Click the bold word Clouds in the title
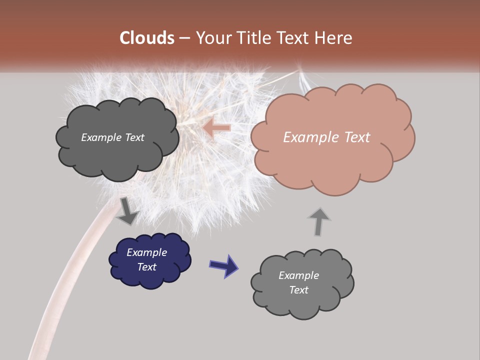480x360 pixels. point(147,38)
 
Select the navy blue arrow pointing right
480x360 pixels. point(224,265)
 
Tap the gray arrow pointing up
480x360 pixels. point(318,221)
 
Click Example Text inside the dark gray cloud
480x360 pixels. point(112,137)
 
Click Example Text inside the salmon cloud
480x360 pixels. point(326,137)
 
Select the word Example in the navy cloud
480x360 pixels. point(146,252)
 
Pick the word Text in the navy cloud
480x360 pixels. point(146,267)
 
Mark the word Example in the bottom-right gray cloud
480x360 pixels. point(298,275)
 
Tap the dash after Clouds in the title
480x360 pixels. point(184,38)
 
